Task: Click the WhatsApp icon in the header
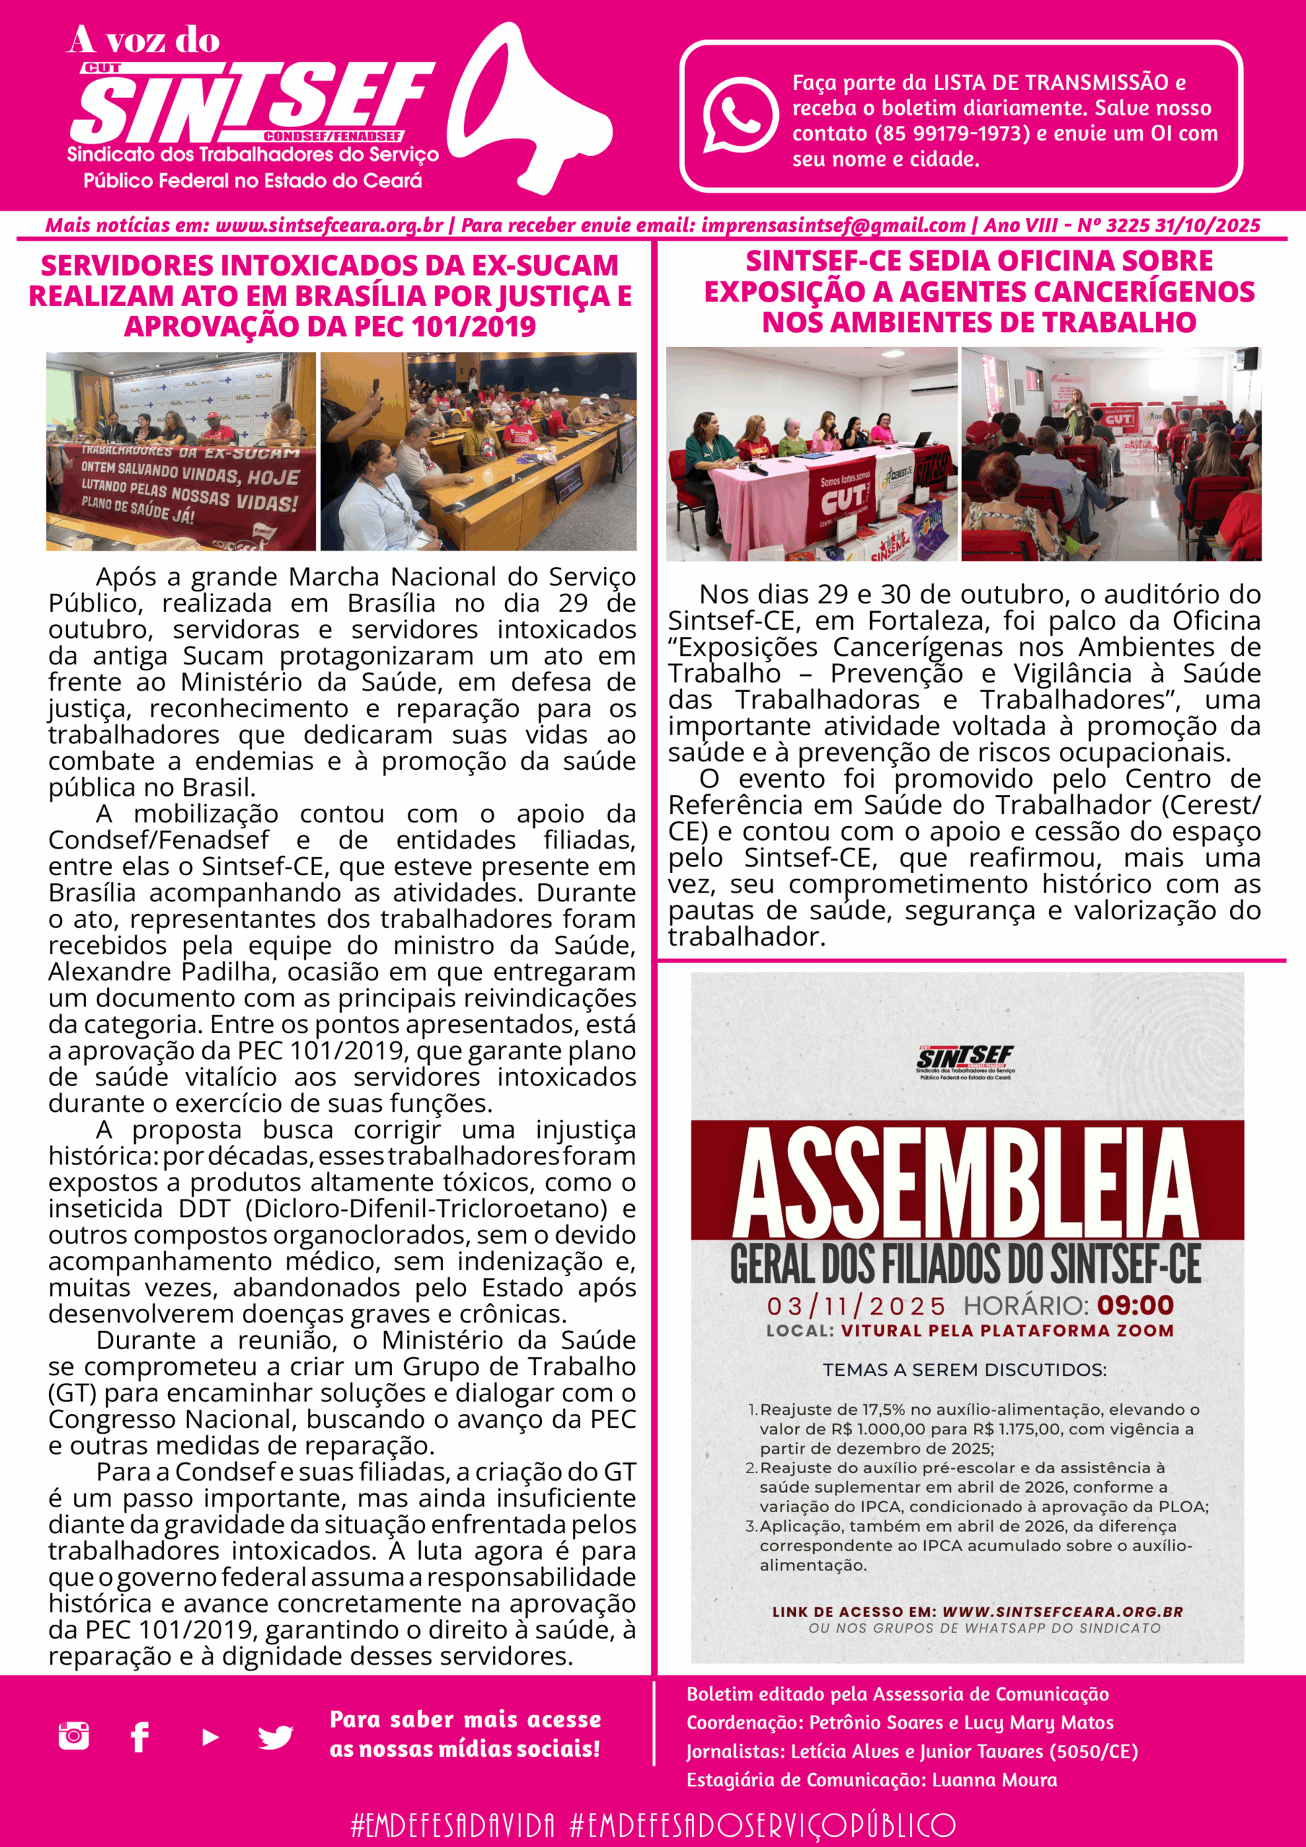click(x=740, y=114)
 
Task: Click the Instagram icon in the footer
click(x=74, y=1736)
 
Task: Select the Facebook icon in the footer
click(x=139, y=1736)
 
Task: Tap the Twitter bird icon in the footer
click(x=275, y=1737)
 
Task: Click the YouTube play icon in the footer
click(x=210, y=1737)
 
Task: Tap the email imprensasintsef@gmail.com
click(x=833, y=226)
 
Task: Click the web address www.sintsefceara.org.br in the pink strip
click(x=329, y=226)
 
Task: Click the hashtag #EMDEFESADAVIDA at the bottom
click(x=453, y=1825)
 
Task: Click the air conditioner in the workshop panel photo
click(x=934, y=384)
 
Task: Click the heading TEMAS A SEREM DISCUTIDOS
click(x=965, y=1369)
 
